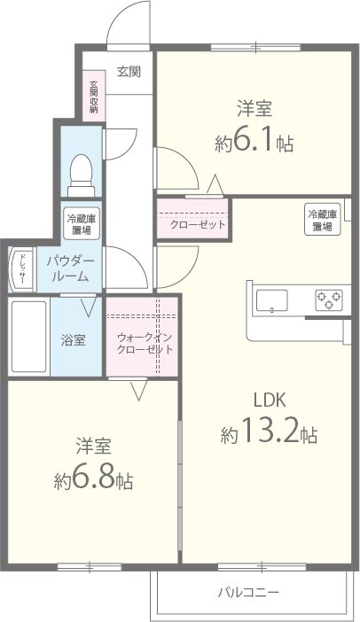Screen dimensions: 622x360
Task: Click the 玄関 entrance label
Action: (x=129, y=73)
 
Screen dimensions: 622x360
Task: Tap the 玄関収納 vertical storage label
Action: (x=93, y=97)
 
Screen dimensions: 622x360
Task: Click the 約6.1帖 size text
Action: (x=254, y=142)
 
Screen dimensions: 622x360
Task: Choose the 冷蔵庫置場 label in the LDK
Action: (x=321, y=220)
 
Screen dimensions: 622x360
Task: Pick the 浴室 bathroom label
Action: (x=74, y=340)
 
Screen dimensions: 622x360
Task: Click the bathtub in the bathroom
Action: (x=27, y=338)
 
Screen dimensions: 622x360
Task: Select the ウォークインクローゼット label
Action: (x=144, y=342)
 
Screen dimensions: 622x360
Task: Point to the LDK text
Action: (x=268, y=398)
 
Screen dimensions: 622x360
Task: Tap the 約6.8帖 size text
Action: (x=93, y=480)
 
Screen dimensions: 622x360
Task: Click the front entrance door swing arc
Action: (x=129, y=22)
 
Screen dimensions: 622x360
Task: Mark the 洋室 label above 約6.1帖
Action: (x=254, y=109)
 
